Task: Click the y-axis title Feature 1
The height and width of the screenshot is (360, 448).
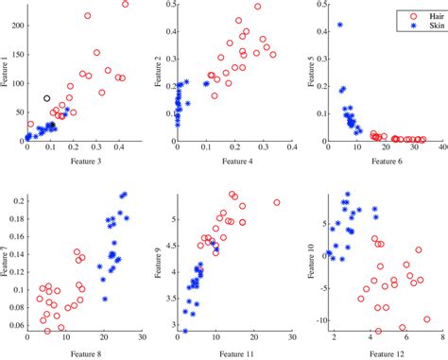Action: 7,71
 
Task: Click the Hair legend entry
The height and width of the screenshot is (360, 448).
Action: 413,15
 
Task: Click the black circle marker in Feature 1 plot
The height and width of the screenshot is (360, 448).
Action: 47,98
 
